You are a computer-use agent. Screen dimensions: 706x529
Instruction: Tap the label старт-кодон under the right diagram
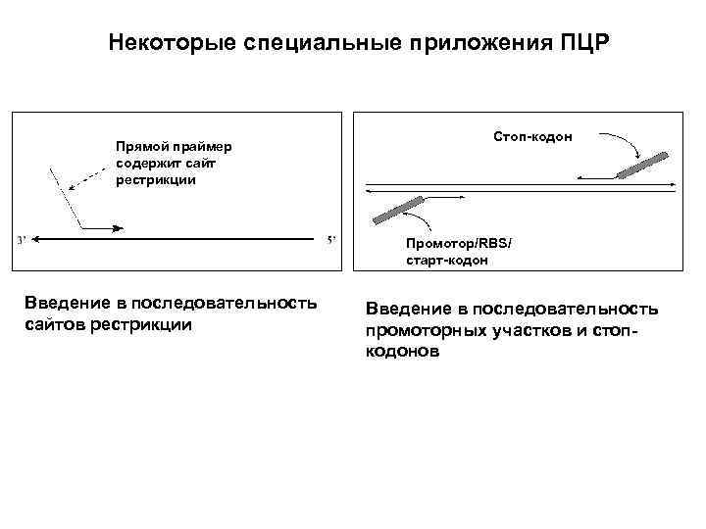tap(446, 261)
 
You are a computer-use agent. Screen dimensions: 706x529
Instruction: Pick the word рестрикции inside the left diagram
tap(156, 180)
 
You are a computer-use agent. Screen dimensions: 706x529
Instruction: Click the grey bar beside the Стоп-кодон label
tap(644, 165)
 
